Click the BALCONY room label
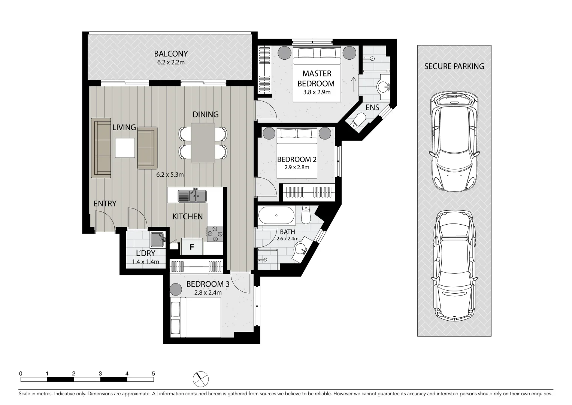(170, 54)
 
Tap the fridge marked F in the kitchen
(192, 247)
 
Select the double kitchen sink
(192, 195)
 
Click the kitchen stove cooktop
(215, 234)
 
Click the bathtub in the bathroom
(276, 216)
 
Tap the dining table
(203, 143)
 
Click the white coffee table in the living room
(125, 148)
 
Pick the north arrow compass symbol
(201, 379)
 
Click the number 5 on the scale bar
(153, 373)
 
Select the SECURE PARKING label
(454, 66)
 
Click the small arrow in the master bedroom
(353, 82)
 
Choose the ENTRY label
(105, 204)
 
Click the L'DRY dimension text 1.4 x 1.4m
(145, 262)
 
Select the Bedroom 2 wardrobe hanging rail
(308, 192)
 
